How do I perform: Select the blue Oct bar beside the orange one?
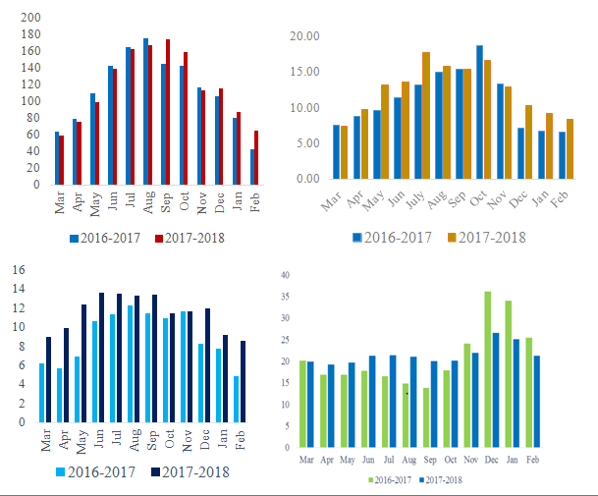point(479,112)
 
